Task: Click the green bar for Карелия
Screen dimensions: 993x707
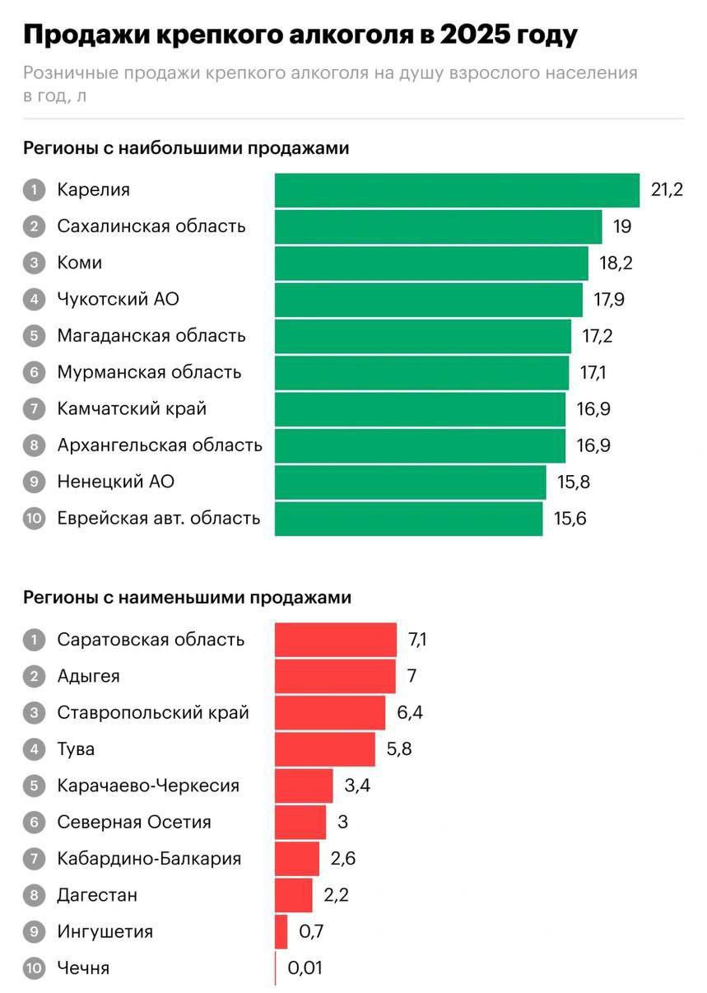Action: point(457,190)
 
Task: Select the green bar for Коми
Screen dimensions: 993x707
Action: point(431,263)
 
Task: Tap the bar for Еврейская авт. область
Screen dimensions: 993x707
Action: point(408,519)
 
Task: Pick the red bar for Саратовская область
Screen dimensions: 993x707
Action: point(335,640)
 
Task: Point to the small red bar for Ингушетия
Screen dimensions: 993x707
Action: point(281,932)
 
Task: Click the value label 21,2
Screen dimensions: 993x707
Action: point(667,190)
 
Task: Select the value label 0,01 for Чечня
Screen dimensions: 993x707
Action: point(305,968)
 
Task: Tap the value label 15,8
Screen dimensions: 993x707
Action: point(574,483)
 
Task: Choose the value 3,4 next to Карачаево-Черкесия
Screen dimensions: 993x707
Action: point(357,786)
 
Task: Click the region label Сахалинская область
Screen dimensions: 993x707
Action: point(151,226)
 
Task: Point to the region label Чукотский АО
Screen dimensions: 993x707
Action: point(118,300)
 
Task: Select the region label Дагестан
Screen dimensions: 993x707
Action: point(97,895)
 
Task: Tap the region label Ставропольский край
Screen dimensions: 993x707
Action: point(153,713)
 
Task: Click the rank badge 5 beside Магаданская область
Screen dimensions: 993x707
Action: point(34,336)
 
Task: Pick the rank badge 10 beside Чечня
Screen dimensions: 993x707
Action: point(34,968)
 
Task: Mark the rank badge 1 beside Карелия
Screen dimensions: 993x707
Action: point(34,190)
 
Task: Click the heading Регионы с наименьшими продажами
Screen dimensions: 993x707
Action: point(187,598)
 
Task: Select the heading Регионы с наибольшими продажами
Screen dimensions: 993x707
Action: point(186,148)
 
